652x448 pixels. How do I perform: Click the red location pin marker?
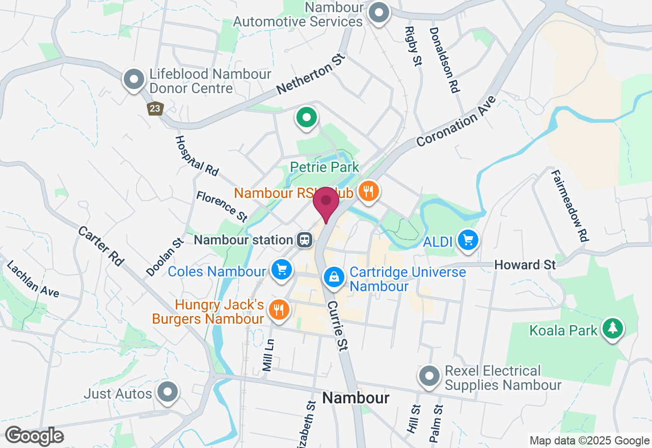pos(326,202)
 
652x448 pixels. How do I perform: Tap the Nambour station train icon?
pos(305,240)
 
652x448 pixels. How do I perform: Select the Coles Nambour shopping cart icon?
pos(282,270)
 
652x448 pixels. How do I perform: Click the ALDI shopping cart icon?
pos(468,239)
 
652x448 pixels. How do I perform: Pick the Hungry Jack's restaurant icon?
pos(279,310)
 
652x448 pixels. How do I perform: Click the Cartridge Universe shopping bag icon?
pos(334,277)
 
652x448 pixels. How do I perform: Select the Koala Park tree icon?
pos(612,328)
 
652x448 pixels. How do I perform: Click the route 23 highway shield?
pos(155,108)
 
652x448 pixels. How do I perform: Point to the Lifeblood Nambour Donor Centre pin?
pos(134,79)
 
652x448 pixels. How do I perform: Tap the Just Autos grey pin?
pos(168,392)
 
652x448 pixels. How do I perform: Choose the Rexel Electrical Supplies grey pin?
pos(429,376)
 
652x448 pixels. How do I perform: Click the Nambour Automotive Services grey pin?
pos(378,13)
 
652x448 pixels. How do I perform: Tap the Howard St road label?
pos(525,265)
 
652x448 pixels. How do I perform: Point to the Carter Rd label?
pos(101,246)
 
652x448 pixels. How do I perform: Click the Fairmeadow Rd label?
pos(570,205)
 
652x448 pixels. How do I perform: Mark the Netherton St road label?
pos(311,75)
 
